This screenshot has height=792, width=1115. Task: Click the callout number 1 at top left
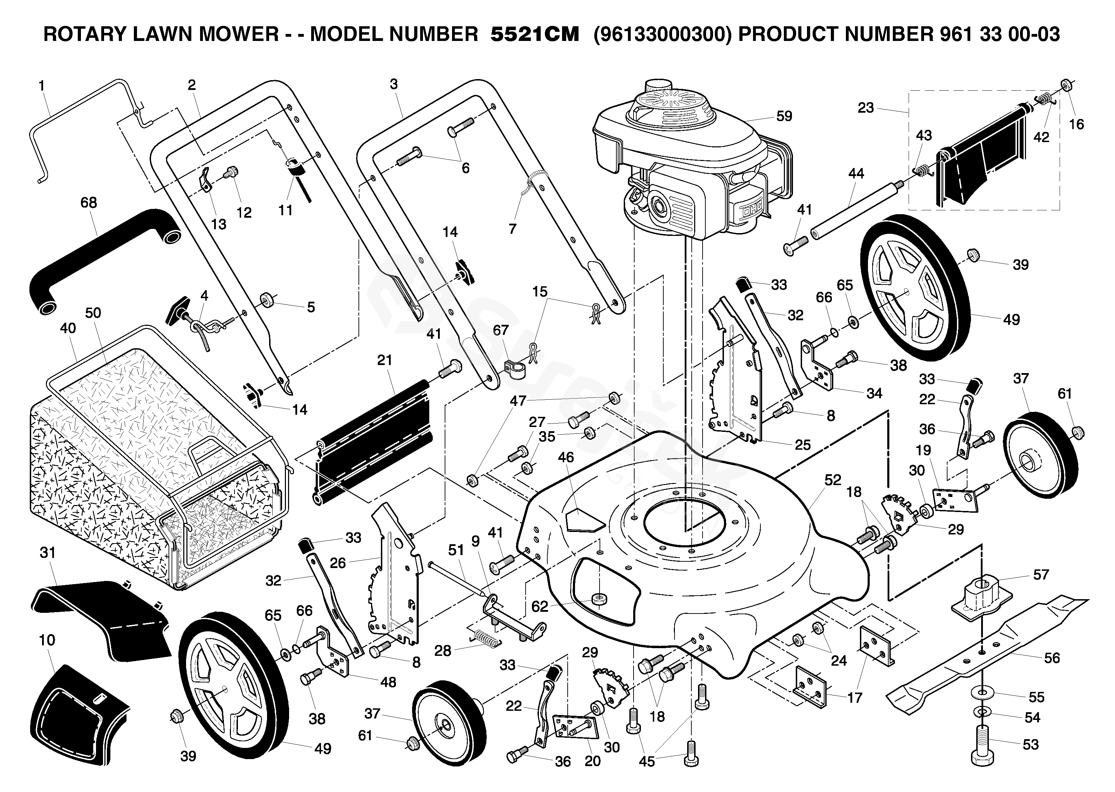[x=41, y=86]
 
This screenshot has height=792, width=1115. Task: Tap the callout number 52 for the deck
[x=833, y=480]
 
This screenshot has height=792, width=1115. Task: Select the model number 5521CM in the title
[x=535, y=34]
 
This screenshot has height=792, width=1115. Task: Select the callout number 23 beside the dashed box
[x=866, y=108]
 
